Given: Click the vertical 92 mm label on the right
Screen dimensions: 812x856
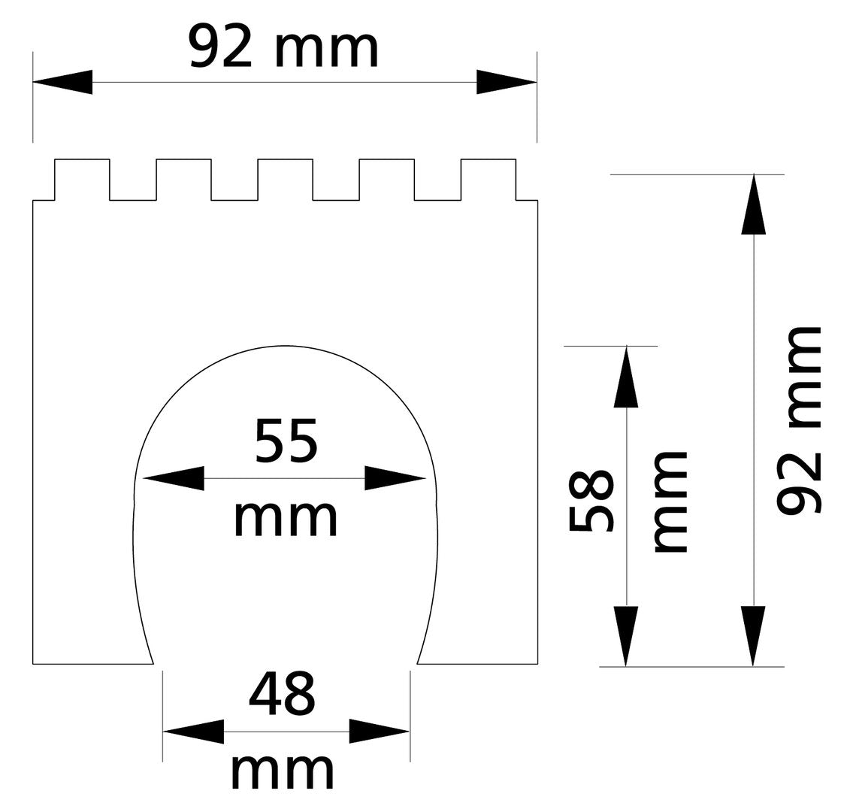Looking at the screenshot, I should [798, 421].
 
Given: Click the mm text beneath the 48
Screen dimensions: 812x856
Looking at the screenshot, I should [282, 770].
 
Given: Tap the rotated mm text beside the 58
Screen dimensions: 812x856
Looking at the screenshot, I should [670, 502].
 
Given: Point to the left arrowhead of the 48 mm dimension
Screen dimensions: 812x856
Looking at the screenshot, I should [193, 731].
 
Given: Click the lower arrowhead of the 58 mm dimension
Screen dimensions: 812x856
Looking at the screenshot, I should [626, 636].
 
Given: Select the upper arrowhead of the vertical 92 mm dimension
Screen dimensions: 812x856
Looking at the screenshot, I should [753, 205].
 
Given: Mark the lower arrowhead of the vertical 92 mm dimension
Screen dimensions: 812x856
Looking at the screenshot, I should [753, 636].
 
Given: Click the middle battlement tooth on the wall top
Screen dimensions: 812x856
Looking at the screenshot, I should [285, 179].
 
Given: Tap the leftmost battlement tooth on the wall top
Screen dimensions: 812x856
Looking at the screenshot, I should [82, 179].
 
